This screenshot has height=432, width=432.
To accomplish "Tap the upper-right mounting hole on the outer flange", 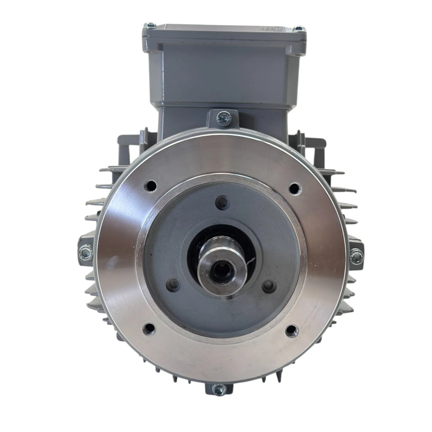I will click(x=294, y=187).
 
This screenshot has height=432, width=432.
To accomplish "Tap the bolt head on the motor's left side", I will click(x=84, y=251).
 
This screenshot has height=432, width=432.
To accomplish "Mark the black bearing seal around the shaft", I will click(x=194, y=249).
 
